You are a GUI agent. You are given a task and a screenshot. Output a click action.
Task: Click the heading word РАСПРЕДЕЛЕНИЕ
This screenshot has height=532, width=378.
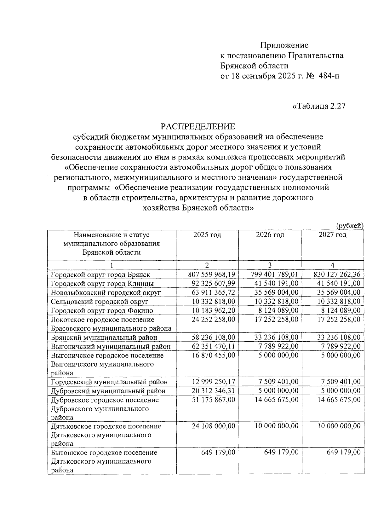(x=198, y=127)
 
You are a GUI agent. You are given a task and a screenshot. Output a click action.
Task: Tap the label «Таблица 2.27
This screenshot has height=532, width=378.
(x=319, y=106)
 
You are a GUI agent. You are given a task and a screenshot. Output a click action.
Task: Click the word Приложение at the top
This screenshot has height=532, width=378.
(x=284, y=45)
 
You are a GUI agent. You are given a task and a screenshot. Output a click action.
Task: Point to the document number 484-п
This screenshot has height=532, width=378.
(x=329, y=76)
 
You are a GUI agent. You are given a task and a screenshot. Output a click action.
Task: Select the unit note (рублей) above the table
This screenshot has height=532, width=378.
(x=350, y=226)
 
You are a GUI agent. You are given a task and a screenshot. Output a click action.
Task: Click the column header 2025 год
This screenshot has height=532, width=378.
(x=207, y=235)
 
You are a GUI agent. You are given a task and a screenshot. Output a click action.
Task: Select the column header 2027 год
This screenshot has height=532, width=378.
(x=332, y=235)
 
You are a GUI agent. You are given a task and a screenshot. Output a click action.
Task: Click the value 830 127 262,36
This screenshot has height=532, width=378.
(x=337, y=275)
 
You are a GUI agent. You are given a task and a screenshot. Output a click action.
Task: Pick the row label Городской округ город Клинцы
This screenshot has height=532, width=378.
(x=102, y=284)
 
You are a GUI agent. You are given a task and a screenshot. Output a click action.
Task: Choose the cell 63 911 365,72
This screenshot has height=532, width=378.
(x=214, y=292)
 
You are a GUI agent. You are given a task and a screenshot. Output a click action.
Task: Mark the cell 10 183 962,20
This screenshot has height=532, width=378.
(x=214, y=310)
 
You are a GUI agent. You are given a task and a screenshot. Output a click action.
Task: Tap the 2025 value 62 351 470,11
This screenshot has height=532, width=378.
(x=214, y=346)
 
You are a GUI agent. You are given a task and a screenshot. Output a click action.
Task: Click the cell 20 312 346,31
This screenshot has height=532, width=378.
(x=214, y=391)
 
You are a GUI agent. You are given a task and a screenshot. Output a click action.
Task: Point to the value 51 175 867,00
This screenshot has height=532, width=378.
(x=214, y=400)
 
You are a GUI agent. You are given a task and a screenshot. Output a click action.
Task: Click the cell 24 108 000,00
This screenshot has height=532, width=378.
(x=214, y=426)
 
